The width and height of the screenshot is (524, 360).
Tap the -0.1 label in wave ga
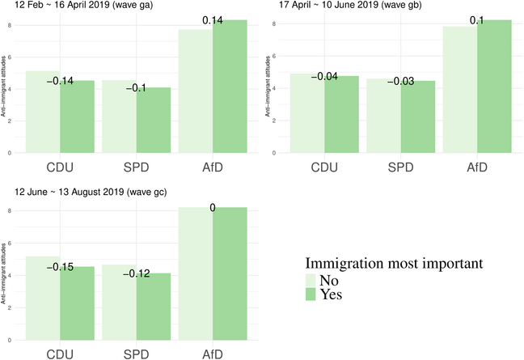click(136, 87)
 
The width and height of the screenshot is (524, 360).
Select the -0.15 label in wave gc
click(60, 267)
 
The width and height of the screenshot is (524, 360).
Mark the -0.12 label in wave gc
click(136, 273)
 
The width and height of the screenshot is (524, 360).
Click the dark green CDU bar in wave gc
click(77, 303)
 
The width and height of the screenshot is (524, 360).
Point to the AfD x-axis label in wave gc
click(212, 354)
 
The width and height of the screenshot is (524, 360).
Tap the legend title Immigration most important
click(394, 263)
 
